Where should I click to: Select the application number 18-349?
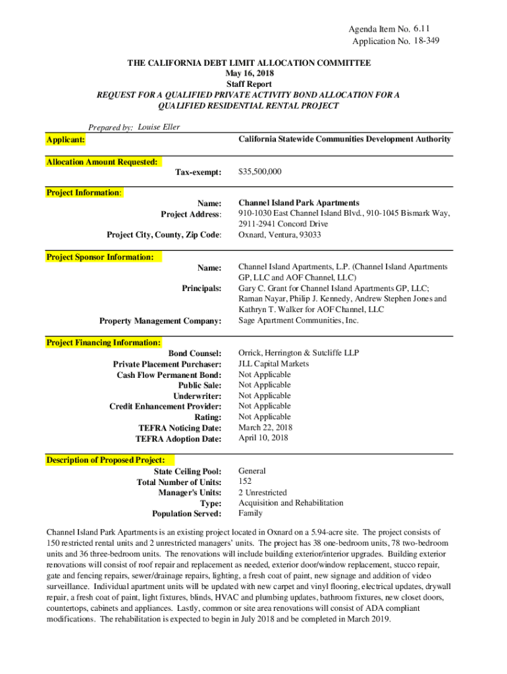click(427, 41)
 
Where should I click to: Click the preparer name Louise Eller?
click(159, 127)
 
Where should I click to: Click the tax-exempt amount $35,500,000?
click(260, 172)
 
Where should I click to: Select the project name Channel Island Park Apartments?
click(298, 203)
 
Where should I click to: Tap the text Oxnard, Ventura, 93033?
click(280, 235)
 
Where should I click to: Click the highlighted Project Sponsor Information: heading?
click(100, 257)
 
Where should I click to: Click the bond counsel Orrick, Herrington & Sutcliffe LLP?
click(299, 353)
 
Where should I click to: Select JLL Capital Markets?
click(273, 364)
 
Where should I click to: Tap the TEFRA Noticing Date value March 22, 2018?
click(265, 427)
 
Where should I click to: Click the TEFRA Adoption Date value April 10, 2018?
click(263, 438)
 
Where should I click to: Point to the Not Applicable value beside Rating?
click(264, 417)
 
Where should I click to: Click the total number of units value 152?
click(245, 482)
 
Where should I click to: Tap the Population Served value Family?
click(250, 513)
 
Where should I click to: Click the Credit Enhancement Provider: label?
click(165, 407)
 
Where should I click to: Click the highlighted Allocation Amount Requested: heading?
click(101, 162)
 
